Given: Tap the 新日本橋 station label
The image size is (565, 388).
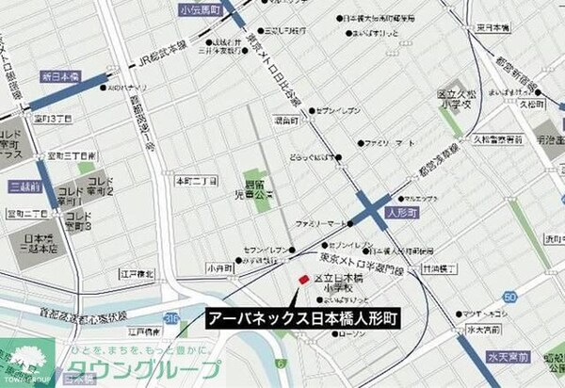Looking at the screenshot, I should pos(61,75).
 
